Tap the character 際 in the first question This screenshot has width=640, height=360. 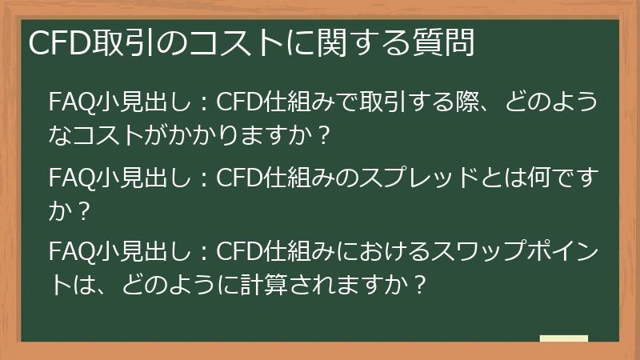point(450,104)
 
